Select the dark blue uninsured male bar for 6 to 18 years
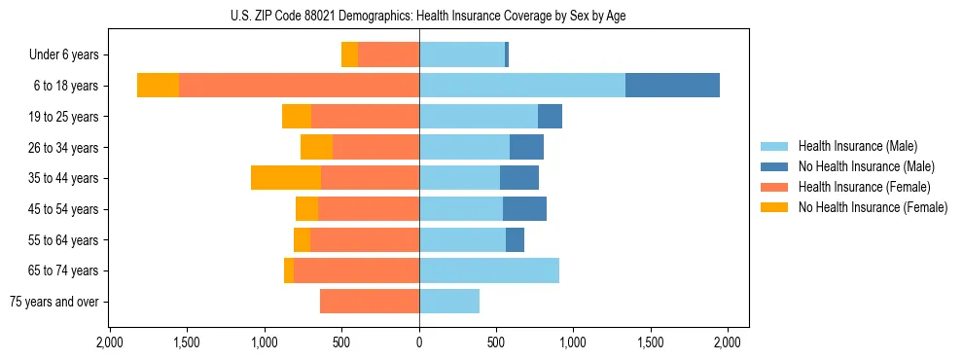point(672,86)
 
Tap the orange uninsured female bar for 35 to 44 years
point(286,178)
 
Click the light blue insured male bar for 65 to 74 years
point(489,270)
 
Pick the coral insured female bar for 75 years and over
point(370,302)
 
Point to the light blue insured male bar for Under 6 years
point(462,55)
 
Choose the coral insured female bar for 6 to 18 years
point(299,86)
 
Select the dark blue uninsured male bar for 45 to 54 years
point(524,209)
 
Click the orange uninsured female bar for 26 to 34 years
point(316,148)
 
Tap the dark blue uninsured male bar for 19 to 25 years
point(550,117)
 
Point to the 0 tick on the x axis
point(419,342)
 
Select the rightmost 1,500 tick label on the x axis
point(651,342)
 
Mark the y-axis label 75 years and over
point(54,302)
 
